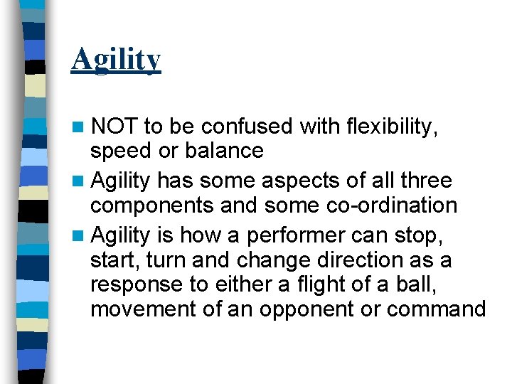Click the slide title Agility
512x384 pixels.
pyautogui.click(x=116, y=60)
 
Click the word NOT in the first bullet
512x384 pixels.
pyautogui.click(x=114, y=127)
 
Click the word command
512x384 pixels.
pyautogui.click(x=439, y=310)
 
